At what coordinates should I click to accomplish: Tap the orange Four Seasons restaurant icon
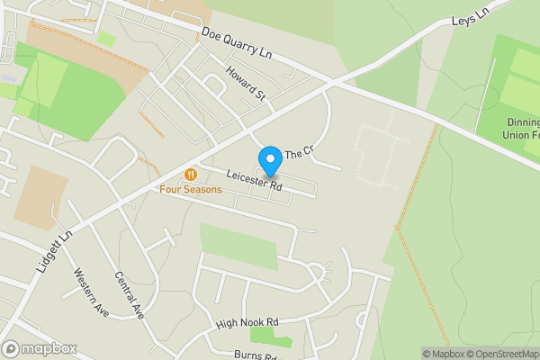tap(190, 174)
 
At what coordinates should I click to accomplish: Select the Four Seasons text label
tap(191, 189)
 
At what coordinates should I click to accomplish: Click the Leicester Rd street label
tap(255, 181)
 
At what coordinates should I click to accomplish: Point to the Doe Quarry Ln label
tap(237, 42)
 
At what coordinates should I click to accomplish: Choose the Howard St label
tap(246, 84)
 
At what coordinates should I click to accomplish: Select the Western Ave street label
tap(91, 292)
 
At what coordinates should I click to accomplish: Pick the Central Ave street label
tap(130, 296)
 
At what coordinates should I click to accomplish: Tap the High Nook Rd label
tap(247, 322)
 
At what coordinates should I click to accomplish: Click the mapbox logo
tap(40, 348)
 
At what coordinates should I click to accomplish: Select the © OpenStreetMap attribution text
tap(505, 354)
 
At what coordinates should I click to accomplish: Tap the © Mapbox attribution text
tap(444, 354)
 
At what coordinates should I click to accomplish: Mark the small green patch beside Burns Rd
tap(269, 337)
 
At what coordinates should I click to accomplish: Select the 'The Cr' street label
tap(297, 154)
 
